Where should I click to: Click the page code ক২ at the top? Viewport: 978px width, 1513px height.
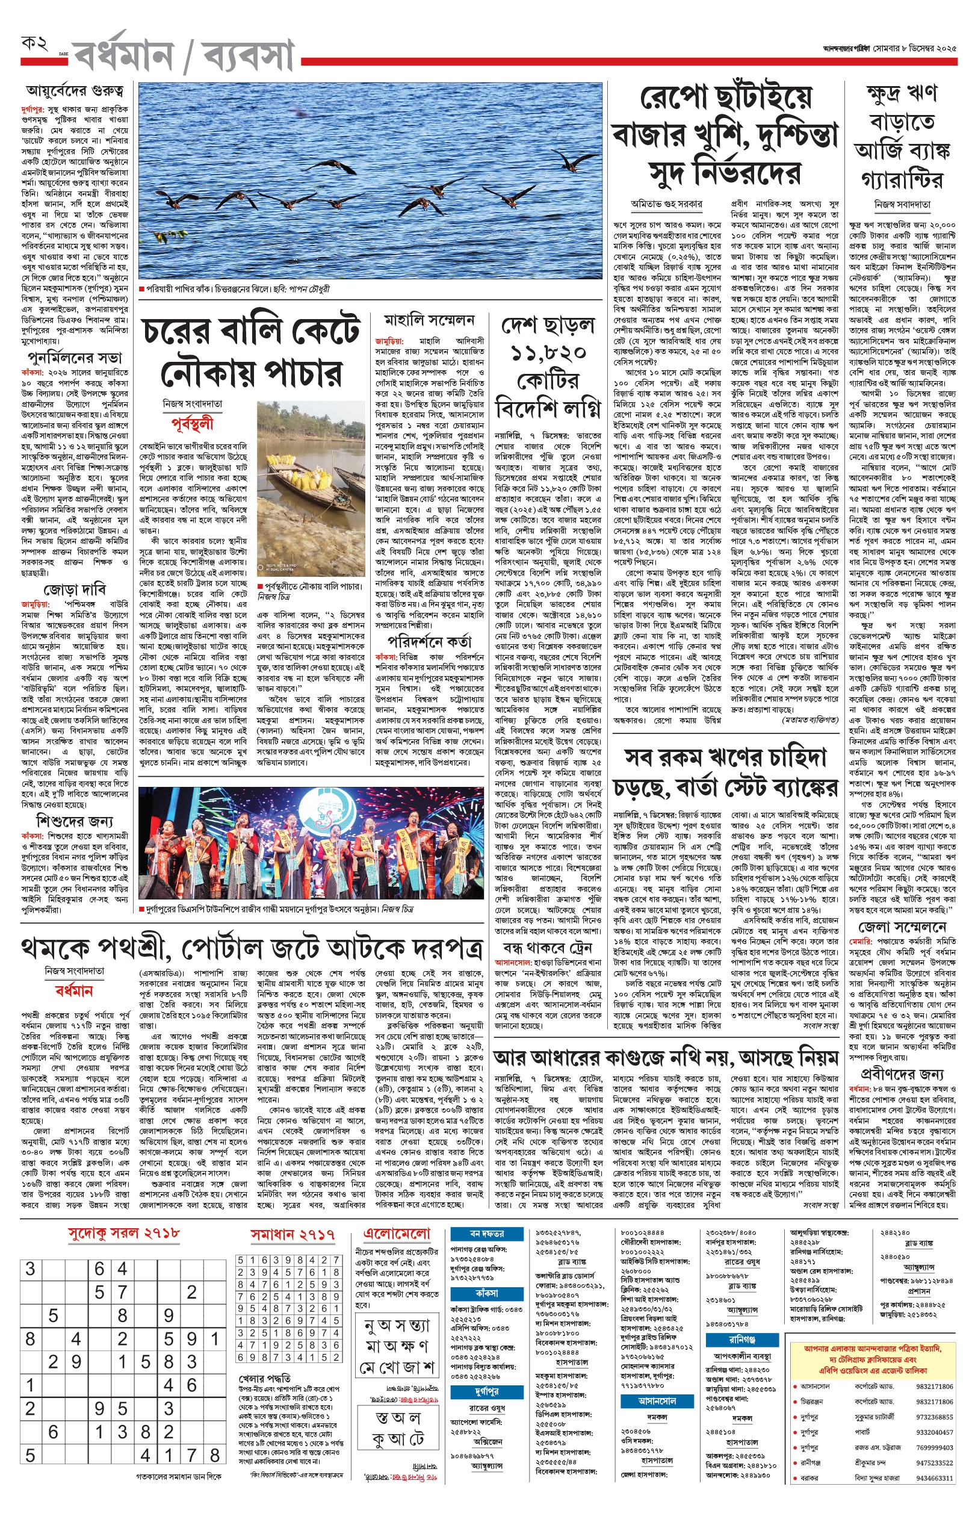coord(34,45)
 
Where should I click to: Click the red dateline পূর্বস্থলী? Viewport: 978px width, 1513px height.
coord(193,424)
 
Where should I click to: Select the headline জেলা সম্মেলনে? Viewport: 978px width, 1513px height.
coord(902,927)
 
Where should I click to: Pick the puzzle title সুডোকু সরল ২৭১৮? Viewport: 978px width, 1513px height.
coord(124,1233)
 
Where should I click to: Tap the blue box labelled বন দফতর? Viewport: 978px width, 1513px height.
coord(486,1234)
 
